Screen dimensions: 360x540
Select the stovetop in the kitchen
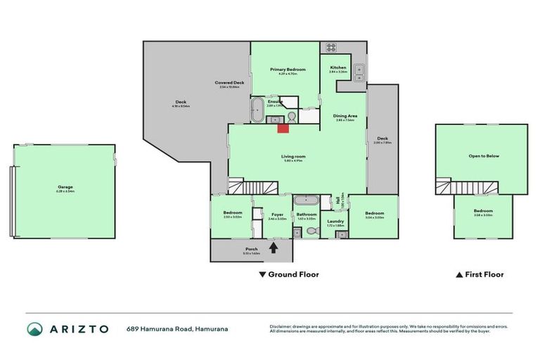click(x=330, y=48)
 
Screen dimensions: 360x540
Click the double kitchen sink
click(x=359, y=69)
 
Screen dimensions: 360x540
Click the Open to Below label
click(x=483, y=155)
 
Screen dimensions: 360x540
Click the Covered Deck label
click(x=229, y=83)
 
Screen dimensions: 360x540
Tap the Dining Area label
click(x=345, y=115)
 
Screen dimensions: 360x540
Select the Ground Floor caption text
click(x=293, y=275)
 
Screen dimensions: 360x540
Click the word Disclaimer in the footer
click(x=282, y=326)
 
